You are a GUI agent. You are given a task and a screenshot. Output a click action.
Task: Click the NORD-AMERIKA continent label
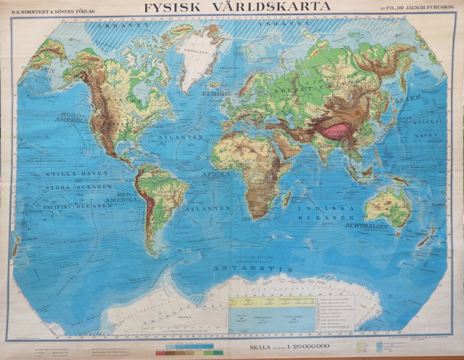click(x=70, y=116)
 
